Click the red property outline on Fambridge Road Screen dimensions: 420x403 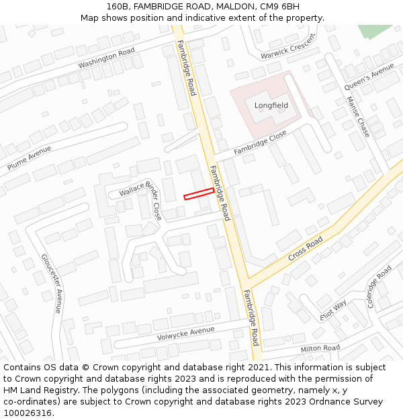click(199, 194)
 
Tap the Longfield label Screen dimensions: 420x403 click(271, 106)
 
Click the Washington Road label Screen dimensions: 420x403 click(106, 58)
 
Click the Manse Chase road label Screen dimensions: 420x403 click(358, 116)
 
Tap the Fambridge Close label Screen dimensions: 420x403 click(260, 143)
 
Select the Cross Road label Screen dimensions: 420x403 click(306, 249)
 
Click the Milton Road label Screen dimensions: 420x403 click(320, 348)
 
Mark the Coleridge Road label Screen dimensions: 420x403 click(379, 286)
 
